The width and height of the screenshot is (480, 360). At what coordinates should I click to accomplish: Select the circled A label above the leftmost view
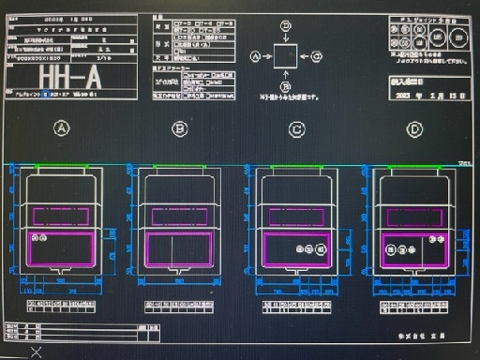pos(62,128)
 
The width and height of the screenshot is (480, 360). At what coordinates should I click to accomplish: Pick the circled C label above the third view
pos(296,128)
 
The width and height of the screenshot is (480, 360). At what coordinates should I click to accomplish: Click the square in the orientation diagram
pos(286,56)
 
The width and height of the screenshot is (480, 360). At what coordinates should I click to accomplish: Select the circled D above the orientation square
pos(286,25)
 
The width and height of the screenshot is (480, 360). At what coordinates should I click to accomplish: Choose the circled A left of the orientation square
pos(255,56)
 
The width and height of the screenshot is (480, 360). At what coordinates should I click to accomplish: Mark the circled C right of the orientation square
pos(317,56)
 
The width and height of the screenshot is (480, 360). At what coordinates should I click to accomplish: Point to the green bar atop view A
pos(62,167)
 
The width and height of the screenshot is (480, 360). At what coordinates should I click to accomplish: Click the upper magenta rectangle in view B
pos(179,217)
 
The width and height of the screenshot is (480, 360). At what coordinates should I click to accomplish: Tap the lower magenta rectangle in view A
pos(62,250)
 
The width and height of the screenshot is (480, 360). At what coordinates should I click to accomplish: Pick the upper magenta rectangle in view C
pos(296,217)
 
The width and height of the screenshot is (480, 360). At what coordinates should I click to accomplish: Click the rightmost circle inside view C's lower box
pos(322,249)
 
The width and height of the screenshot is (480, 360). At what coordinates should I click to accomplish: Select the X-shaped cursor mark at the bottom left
pos(36,352)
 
